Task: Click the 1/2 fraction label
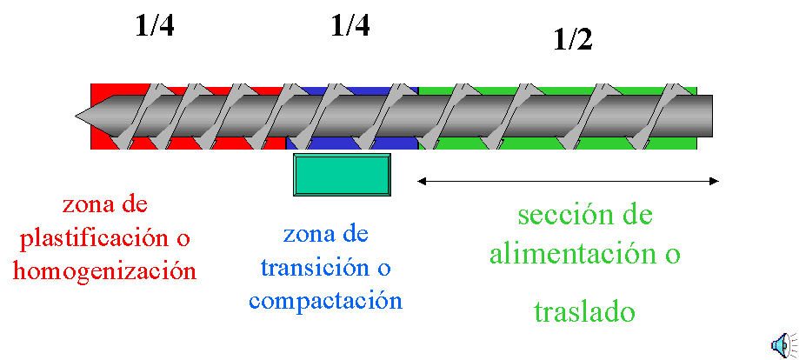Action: [573, 39]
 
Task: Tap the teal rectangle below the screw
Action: [342, 175]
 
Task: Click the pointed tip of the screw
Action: [75, 115]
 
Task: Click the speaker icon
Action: [783, 344]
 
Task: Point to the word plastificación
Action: [98, 238]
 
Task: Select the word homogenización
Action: [104, 270]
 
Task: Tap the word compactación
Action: [326, 300]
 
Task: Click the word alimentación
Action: [570, 253]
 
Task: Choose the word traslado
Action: [585, 311]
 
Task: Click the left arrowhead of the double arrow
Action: [422, 181]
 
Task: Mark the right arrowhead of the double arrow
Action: [714, 181]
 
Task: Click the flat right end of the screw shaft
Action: [711, 116]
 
